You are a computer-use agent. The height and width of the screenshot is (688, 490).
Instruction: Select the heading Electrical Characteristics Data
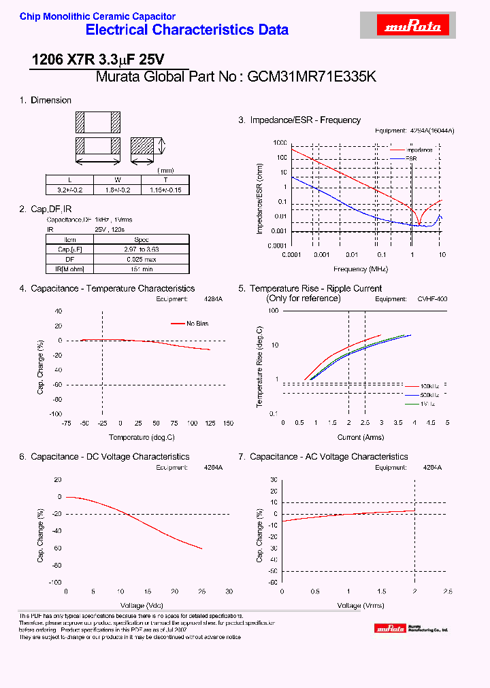pyautogui.click(x=187, y=30)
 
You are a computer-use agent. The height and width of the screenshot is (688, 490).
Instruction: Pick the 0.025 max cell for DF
pyautogui.click(x=142, y=260)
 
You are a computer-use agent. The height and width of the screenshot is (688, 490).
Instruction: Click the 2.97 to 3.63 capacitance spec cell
pyautogui.click(x=142, y=250)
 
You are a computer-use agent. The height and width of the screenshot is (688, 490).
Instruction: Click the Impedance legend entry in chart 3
pyautogui.click(x=419, y=150)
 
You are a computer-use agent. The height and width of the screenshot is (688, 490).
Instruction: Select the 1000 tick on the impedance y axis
pyautogui.click(x=280, y=143)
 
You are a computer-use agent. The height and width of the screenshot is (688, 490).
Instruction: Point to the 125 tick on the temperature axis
pyautogui.click(x=210, y=423)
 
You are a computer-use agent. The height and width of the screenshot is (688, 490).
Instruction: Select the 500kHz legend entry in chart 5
pyautogui.click(x=430, y=395)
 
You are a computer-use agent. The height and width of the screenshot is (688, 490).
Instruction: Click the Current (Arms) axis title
pyautogui.click(x=361, y=437)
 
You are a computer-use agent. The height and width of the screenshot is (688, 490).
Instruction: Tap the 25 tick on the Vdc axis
pyautogui.click(x=201, y=591)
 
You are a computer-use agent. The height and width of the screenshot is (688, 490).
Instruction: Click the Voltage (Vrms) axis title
pyautogui.click(x=361, y=605)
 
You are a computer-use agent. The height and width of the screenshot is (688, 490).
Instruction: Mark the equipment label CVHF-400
pyautogui.click(x=433, y=299)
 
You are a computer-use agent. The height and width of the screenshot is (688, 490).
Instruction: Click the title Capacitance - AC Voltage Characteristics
pyautogui.click(x=329, y=457)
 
